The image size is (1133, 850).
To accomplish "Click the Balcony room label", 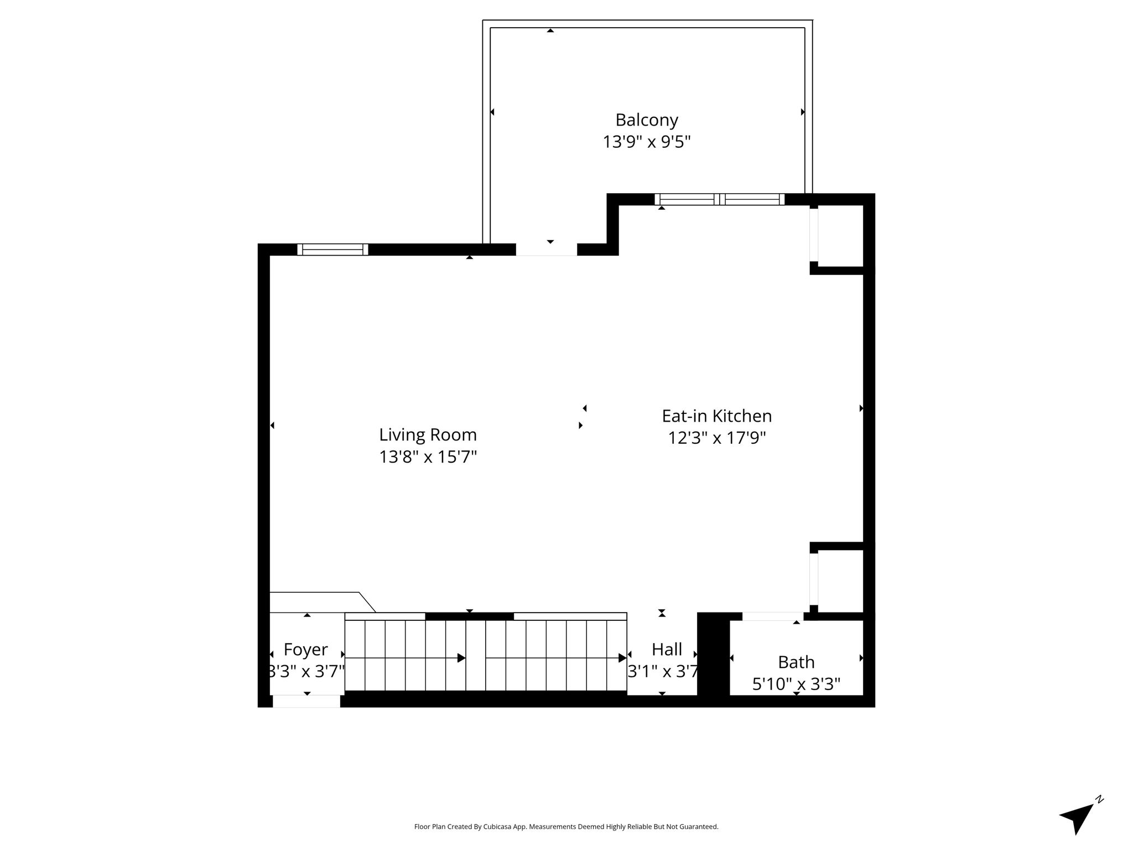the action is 647,120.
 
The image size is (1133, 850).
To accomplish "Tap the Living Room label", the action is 428,435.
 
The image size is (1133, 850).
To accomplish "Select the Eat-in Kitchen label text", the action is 716,416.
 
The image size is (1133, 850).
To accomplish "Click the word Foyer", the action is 305,650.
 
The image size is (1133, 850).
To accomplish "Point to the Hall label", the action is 667,649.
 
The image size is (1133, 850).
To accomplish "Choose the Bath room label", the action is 796,662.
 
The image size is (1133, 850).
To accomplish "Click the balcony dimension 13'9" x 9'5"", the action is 647,142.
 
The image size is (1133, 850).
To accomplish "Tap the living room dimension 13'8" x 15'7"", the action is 428,457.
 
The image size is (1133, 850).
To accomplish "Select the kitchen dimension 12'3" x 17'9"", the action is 716,438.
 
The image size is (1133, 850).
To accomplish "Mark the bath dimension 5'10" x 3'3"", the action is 796,685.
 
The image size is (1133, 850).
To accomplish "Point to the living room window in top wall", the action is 332,250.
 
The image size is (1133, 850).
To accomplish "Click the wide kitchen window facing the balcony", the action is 719,199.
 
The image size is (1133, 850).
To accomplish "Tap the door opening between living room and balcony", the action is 547,250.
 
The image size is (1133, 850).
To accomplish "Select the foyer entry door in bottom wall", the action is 306,701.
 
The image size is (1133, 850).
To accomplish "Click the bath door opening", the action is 773,616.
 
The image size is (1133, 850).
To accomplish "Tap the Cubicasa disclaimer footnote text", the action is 566,827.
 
